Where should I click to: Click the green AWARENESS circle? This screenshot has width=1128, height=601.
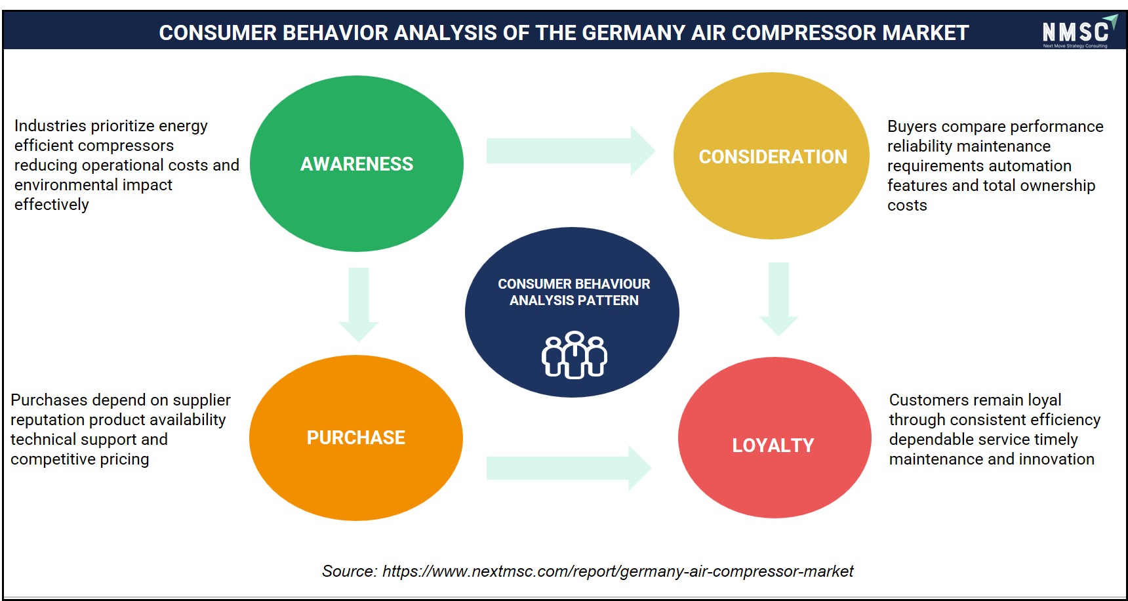coord(357,163)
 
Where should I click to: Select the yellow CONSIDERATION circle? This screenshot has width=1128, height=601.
coord(772,156)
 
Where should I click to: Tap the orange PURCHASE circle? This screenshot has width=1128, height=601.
coord(356,438)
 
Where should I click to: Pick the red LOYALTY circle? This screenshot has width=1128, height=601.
coord(775,438)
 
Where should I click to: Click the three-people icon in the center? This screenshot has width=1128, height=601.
coord(574,354)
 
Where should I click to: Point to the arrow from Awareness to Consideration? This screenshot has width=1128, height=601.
coord(571,151)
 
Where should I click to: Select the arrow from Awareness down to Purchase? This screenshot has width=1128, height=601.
coord(359,304)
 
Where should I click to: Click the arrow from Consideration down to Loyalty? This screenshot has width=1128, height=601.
coord(778,299)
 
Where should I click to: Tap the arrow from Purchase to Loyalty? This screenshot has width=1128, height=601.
coord(569,468)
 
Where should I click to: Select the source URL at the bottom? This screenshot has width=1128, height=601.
coord(618,571)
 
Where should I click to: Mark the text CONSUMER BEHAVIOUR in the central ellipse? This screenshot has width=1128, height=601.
coord(574,284)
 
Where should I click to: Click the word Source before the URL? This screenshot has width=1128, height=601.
coord(349,571)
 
